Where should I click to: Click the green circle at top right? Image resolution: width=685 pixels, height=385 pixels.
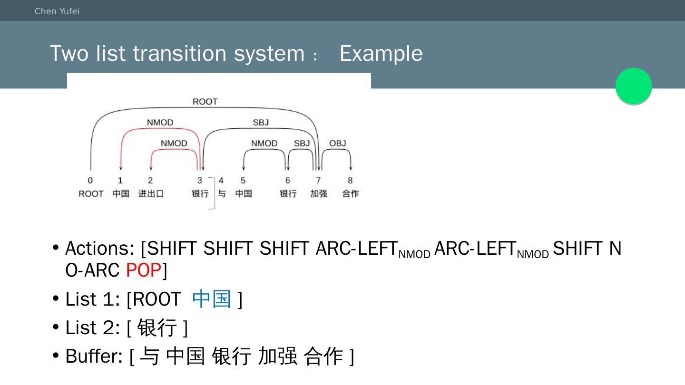coord(634,86)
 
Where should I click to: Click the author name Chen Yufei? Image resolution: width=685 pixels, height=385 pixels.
coord(57,11)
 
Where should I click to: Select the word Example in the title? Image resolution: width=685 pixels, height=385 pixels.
coord(381,53)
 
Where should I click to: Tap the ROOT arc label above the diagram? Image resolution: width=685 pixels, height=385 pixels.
coord(205,102)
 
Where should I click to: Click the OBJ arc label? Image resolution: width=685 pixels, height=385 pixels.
coord(338,144)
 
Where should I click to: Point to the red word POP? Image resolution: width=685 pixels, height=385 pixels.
coord(143,270)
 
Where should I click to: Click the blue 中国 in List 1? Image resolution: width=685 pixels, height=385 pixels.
coord(212,299)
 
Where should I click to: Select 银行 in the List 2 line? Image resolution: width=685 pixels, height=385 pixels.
coord(157,327)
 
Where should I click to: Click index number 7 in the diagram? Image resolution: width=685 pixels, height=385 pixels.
coord(318,181)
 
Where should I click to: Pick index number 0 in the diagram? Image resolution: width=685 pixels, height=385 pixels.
coord(90,181)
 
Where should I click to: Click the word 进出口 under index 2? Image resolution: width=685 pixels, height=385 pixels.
coord(151,194)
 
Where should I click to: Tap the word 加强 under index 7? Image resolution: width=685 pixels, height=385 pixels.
coord(318,194)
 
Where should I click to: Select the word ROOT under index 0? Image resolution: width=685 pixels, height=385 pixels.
coord(91,194)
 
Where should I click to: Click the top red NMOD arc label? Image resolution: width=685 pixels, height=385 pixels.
coord(160,123)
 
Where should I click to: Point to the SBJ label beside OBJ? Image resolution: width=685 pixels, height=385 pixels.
coord(302,144)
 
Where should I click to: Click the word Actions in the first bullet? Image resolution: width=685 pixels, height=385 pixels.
coord(99,249)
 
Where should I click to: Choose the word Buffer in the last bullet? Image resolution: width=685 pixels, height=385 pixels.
coord(94,356)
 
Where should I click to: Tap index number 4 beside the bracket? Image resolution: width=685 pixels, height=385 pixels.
coord(221,181)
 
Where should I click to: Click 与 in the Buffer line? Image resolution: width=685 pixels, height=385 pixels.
coord(149,356)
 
